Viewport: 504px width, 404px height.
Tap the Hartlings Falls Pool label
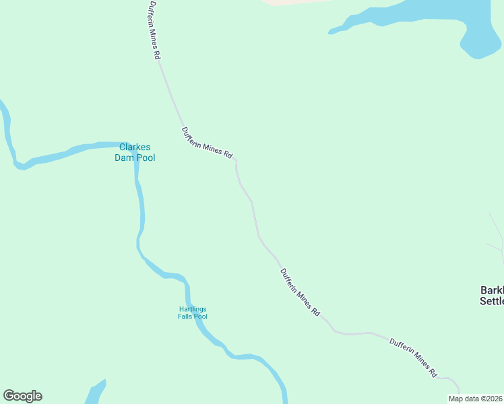[x=193, y=312]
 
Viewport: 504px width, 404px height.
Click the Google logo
[x=22, y=396]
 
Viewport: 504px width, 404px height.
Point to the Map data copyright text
[x=476, y=399]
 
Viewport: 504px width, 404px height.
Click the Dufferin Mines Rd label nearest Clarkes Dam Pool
[x=207, y=143]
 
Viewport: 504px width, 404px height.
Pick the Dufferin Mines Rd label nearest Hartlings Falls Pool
[x=300, y=293]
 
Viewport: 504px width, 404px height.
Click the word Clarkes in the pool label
[x=135, y=147]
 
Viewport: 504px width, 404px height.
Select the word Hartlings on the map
[x=193, y=309]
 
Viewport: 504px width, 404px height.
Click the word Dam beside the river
[x=124, y=158]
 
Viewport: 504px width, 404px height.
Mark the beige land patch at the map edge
[x=290, y=2]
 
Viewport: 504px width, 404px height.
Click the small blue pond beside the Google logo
[x=96, y=393]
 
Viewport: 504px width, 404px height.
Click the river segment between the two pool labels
[x=141, y=222]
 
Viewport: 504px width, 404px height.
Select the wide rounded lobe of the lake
[x=481, y=40]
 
